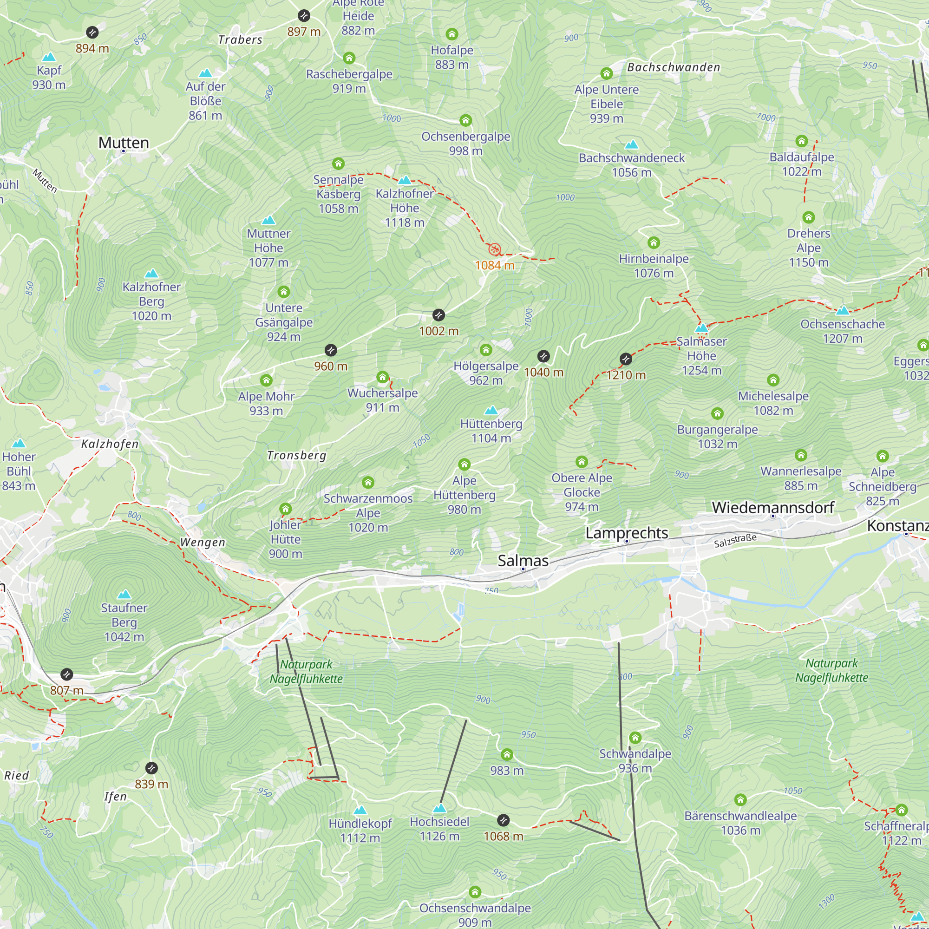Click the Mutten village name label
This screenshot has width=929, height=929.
click(x=124, y=143)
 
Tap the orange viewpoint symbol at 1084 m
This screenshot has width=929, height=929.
click(x=494, y=249)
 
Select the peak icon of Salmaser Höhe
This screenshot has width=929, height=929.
click(x=701, y=328)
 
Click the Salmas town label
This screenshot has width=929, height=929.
click(x=523, y=561)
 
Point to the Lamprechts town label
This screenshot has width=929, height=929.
click(x=627, y=533)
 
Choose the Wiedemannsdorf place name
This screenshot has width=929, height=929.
click(x=773, y=507)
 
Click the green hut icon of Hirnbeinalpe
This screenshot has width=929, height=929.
click(x=654, y=242)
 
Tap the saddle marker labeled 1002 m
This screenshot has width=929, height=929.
click(x=438, y=315)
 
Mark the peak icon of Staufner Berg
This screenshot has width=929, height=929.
click(x=124, y=595)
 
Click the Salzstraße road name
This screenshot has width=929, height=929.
click(x=735, y=541)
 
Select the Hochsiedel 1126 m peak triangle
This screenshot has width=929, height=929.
click(x=439, y=808)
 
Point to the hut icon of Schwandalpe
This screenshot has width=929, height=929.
click(x=635, y=738)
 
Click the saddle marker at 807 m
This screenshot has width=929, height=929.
click(x=67, y=674)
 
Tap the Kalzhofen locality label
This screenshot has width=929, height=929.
click(x=110, y=444)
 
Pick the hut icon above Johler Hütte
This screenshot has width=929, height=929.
click(x=286, y=509)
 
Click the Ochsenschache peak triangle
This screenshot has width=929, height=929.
click(x=843, y=311)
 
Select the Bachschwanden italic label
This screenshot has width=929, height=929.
click(x=673, y=67)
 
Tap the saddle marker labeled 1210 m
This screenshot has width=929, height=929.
click(x=626, y=359)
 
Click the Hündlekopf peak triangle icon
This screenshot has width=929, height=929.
click(x=360, y=810)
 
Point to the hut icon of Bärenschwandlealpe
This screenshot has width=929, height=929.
click(x=740, y=800)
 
